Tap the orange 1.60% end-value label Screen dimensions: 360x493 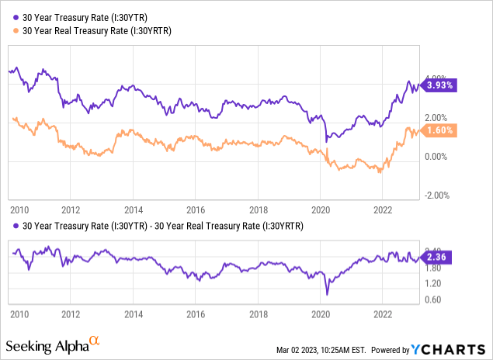[437, 130]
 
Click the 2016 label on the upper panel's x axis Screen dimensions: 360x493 [195, 209]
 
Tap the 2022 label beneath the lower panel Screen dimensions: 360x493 [382, 316]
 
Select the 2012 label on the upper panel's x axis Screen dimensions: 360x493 [71, 209]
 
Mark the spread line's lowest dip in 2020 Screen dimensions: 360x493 [328, 294]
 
